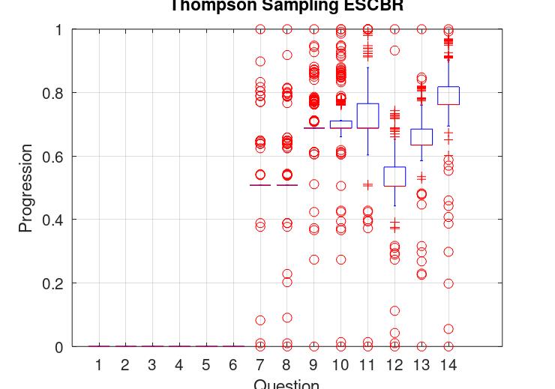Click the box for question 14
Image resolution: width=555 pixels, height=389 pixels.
point(448,95)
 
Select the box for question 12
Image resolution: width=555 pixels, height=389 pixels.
point(394,176)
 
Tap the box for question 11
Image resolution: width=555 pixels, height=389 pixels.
point(367,115)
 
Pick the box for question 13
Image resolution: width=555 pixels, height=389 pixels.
point(421,136)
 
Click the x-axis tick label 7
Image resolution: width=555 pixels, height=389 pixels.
point(259,365)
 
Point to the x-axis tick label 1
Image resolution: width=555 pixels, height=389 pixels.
point(98,365)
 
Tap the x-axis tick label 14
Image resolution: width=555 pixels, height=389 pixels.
point(448,365)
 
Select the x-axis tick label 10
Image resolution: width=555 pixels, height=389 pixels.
point(340,365)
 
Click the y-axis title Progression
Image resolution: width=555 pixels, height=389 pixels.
point(25,188)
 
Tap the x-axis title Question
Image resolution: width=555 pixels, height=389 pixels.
point(286,384)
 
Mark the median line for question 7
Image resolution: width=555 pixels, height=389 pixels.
point(259,184)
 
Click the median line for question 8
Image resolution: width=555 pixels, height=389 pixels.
point(286,184)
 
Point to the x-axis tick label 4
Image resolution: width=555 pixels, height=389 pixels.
point(178,365)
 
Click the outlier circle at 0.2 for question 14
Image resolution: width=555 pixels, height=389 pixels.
point(448,283)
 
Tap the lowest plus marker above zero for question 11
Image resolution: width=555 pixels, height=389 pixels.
point(367,184)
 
